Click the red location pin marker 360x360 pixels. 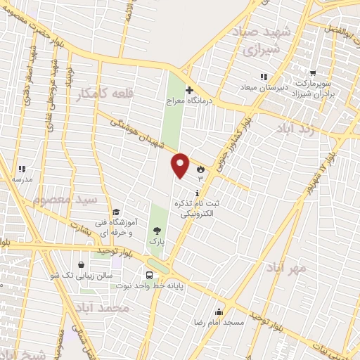181,165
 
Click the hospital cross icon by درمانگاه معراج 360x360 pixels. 188,90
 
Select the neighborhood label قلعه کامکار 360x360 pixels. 104,92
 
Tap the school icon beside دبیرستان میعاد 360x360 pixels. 264,76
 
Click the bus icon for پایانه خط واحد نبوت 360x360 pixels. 150,275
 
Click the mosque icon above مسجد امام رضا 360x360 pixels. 219,311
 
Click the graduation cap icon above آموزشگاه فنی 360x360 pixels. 115,212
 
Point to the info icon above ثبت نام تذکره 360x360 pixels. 198,193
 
